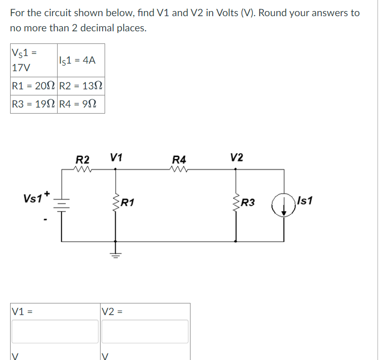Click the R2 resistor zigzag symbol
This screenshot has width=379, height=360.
[x=82, y=170]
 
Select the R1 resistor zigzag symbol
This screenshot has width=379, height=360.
[x=116, y=203]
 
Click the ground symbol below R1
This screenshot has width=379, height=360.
[x=116, y=251]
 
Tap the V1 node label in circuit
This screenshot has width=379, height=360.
[x=116, y=157]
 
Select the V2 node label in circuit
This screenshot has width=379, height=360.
[x=236, y=157]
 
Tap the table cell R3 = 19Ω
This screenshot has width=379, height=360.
[x=33, y=105]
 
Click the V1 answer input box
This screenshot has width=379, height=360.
[x=56, y=331]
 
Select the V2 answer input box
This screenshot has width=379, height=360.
[x=145, y=331]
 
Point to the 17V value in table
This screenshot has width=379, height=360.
[x=21, y=66]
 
